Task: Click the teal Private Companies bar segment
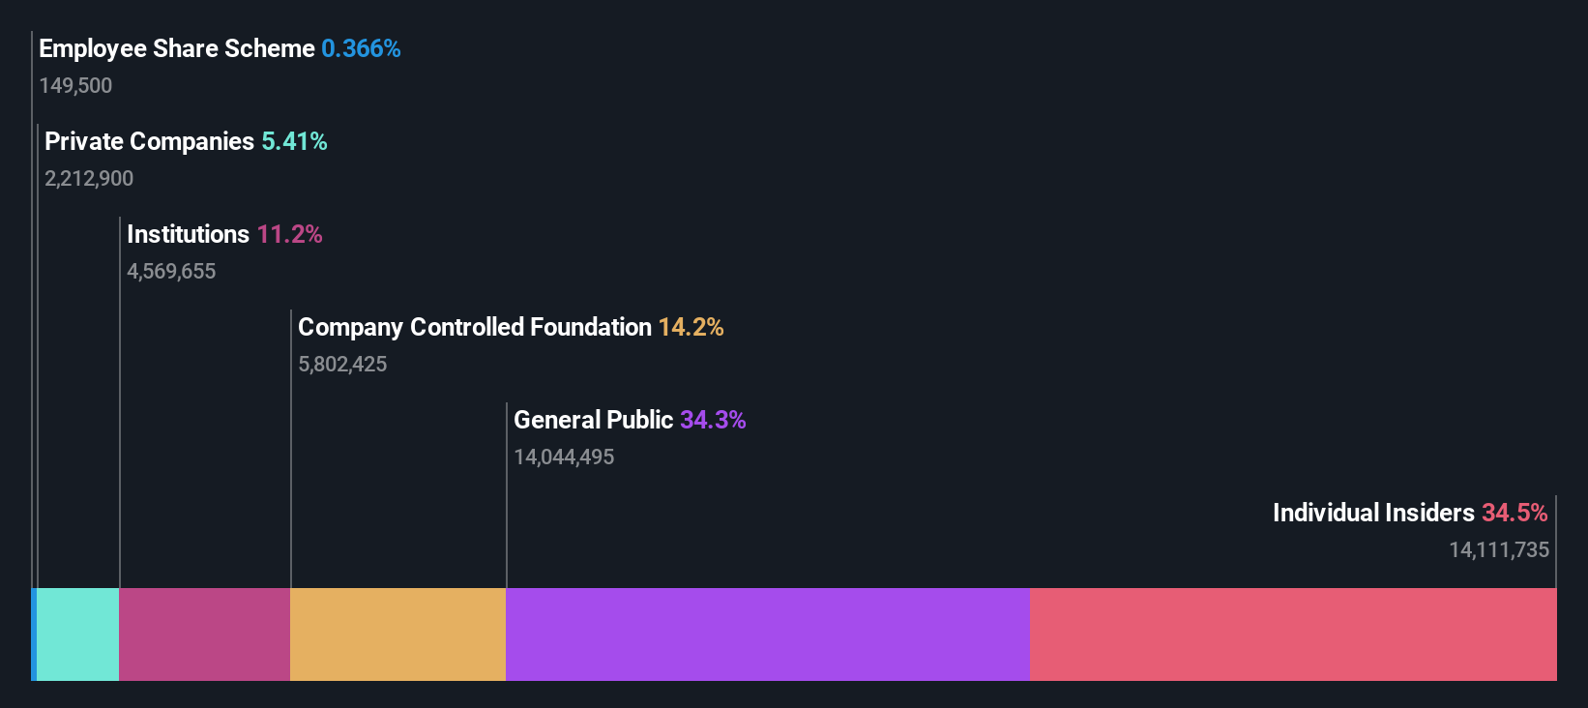77,634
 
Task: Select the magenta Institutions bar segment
204,634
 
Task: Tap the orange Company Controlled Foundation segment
397,634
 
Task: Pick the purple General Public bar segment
767,634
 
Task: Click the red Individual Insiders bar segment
1293,634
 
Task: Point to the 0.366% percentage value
361,49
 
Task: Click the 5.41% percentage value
294,142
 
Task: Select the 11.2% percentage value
289,235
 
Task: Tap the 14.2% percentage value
691,328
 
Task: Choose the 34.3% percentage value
713,421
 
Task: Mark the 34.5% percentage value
1514,514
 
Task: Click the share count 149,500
75,86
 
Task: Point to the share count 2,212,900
89,179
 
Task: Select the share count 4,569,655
171,272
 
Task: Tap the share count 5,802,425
342,365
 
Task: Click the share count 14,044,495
564,457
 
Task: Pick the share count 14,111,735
1498,550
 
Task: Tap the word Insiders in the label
1429,514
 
